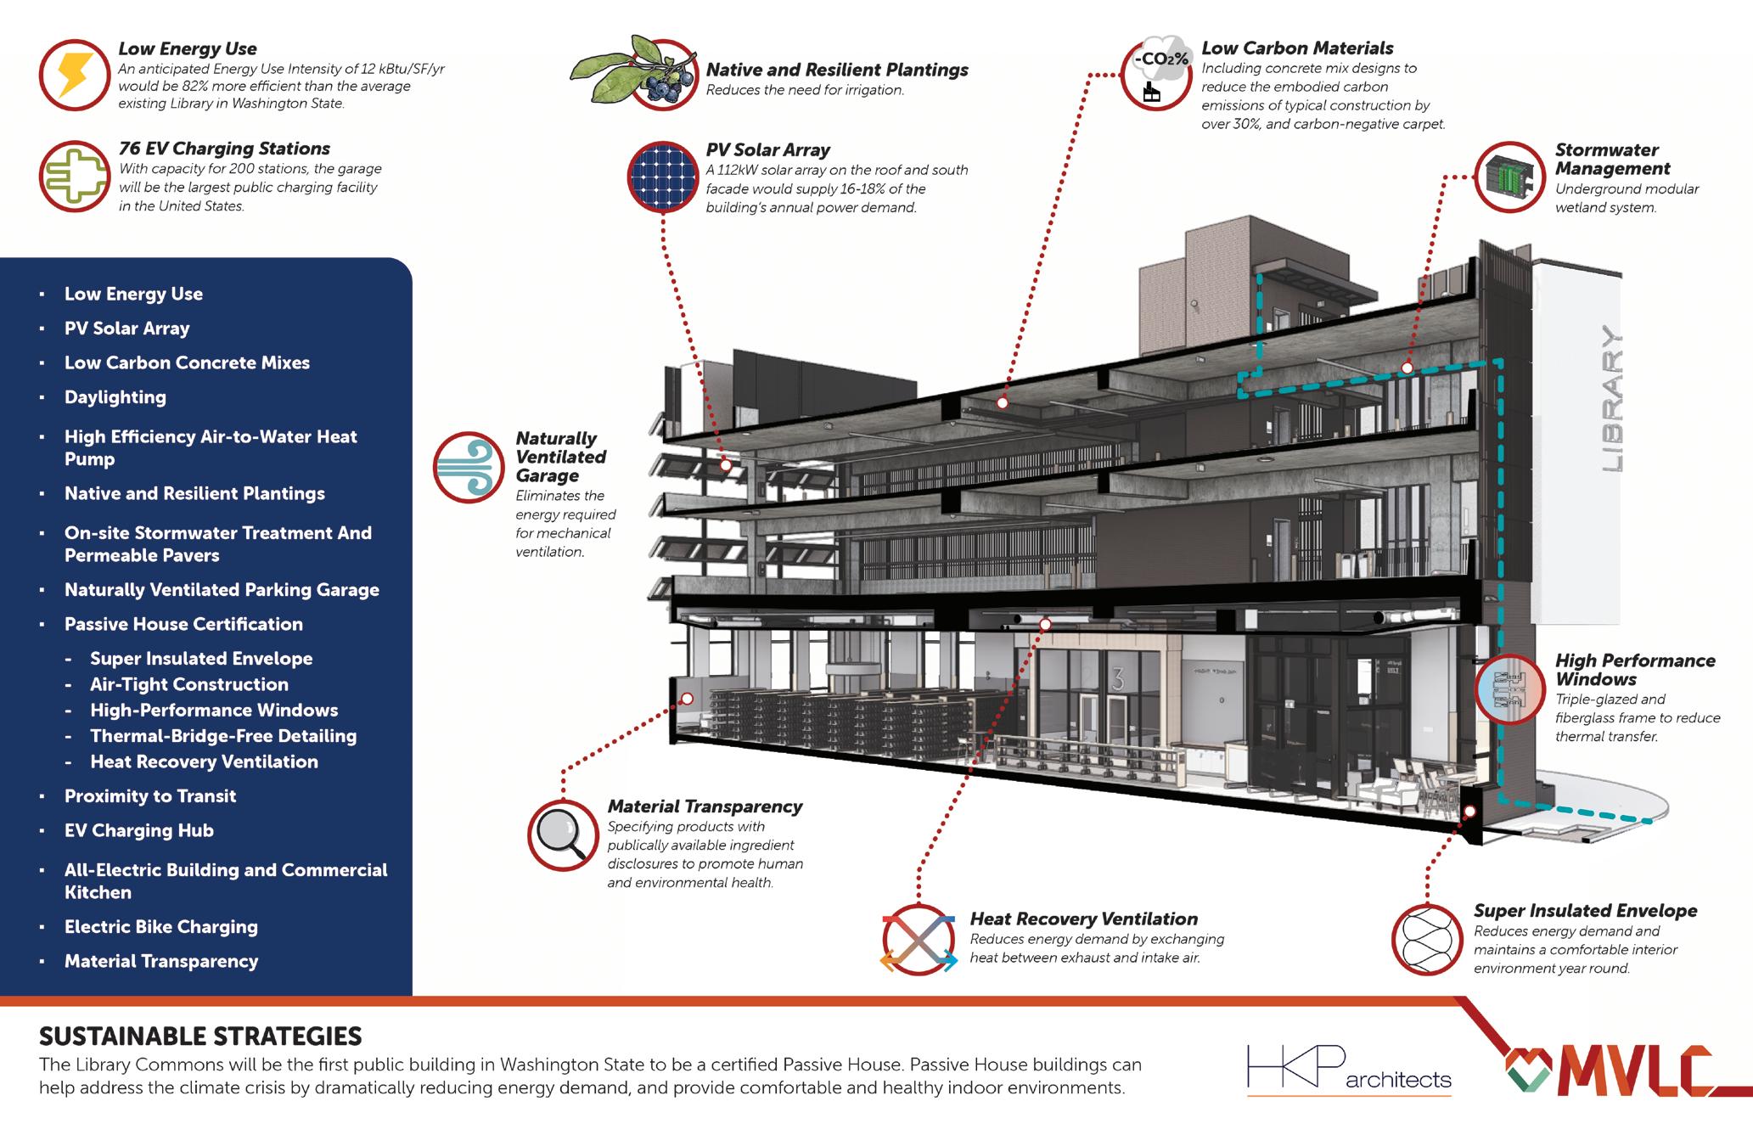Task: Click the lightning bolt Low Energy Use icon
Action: click(75, 75)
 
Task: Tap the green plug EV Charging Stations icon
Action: click(75, 177)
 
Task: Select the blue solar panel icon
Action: click(662, 177)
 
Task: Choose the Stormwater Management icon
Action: click(1509, 177)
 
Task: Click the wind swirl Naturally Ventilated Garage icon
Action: click(469, 468)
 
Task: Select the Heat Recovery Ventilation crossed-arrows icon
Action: click(919, 940)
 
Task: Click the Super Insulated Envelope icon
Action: click(1427, 940)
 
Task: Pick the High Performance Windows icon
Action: click(1509, 689)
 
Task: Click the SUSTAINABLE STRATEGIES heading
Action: click(200, 1037)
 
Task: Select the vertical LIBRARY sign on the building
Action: click(1610, 399)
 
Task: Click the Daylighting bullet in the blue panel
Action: click(115, 397)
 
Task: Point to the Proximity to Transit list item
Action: click(150, 796)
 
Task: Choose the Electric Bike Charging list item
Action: click(161, 927)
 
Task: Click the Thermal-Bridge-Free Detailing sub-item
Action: click(223, 736)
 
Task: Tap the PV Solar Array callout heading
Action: click(767, 150)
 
